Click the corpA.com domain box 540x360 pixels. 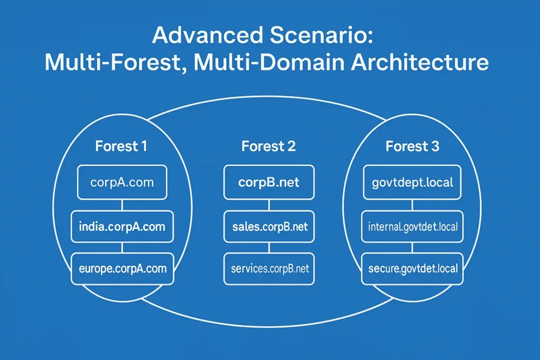coord(122,182)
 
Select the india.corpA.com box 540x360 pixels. coord(122,227)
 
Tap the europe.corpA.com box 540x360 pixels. coord(122,268)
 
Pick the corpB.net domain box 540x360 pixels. coord(269,182)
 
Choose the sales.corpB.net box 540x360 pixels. coord(269,227)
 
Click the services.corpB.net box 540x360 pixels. coord(269,268)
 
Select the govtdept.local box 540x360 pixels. coord(412,182)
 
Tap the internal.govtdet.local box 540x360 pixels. coord(412,227)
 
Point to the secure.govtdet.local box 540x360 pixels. coord(412,268)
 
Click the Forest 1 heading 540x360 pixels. coord(121,146)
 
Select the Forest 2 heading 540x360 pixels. coord(268,146)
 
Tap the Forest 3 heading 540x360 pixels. coord(412,146)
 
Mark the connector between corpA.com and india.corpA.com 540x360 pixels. coord(122,205)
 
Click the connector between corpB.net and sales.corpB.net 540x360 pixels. coord(269,205)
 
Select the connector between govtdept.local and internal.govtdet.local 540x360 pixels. coord(412,205)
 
